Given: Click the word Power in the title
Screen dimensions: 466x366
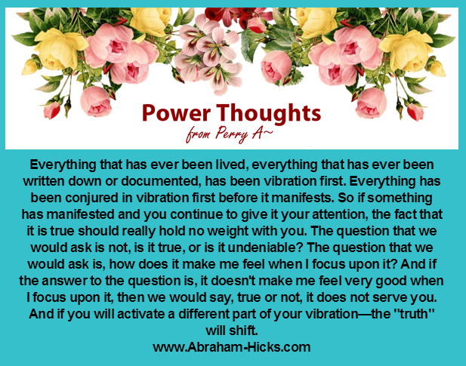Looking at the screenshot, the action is coord(176,112).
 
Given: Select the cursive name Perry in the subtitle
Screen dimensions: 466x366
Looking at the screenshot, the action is coord(232,134).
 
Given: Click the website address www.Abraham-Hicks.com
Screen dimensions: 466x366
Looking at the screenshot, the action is coord(232,347).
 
